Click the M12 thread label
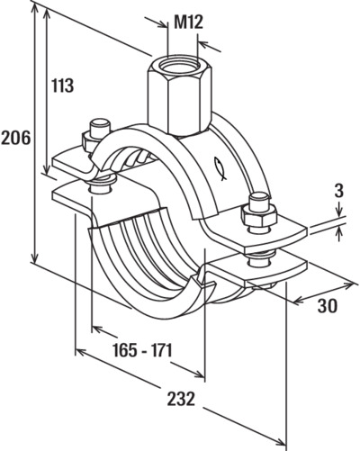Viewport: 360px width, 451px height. click(188, 22)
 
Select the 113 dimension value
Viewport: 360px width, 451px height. click(62, 86)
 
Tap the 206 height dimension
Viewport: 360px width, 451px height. click(15, 138)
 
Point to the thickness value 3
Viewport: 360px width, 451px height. click(338, 192)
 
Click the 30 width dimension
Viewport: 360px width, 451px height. click(328, 305)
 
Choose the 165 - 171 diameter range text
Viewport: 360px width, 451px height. click(142, 349)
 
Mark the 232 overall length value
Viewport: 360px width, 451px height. click(181, 399)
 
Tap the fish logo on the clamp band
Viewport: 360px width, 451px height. click(220, 168)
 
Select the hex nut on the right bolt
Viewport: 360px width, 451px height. click(258, 216)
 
